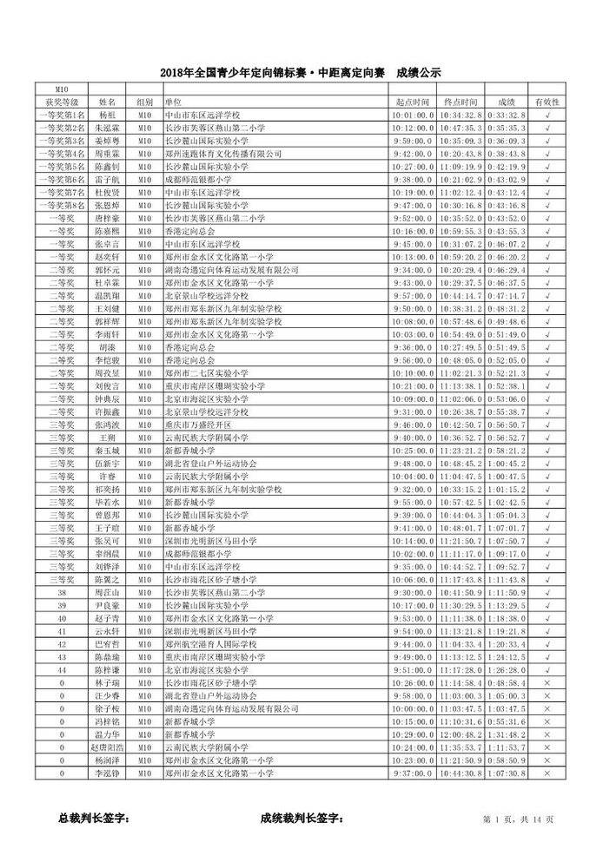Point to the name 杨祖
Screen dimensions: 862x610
pos(107,115)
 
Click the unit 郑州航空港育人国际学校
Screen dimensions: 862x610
pos(210,645)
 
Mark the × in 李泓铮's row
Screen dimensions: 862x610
pos(547,773)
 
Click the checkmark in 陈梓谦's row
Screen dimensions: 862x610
pos(547,670)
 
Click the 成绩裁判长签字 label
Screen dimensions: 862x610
pos(302,818)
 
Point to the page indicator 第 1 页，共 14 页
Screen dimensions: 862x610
pos(518,819)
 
